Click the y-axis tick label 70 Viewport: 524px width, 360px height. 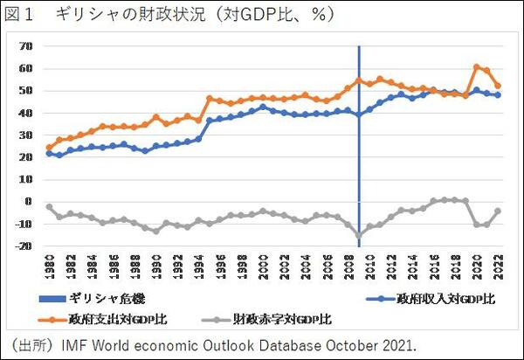(26, 46)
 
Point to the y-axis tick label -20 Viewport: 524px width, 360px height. (24, 246)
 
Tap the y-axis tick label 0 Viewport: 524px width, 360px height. (29, 202)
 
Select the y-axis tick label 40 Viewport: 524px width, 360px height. (26, 113)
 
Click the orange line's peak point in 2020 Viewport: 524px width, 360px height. (477, 66)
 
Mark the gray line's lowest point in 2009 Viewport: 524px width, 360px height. (359, 236)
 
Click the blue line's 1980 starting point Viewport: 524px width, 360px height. (50, 154)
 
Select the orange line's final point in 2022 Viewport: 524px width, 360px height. (498, 86)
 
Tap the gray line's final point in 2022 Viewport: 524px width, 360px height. (498, 211)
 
